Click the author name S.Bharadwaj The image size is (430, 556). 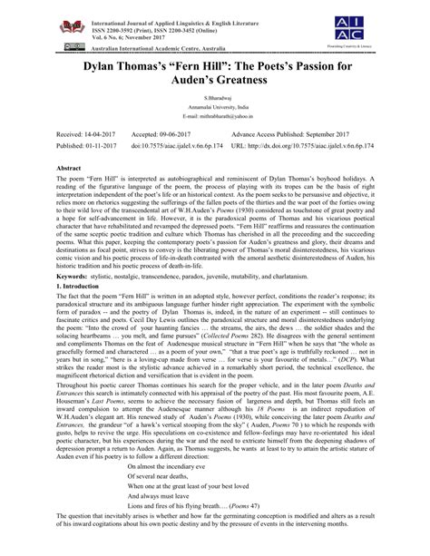click(215, 107)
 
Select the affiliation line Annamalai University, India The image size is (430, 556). click(215, 118)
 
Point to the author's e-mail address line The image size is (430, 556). click(215, 130)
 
